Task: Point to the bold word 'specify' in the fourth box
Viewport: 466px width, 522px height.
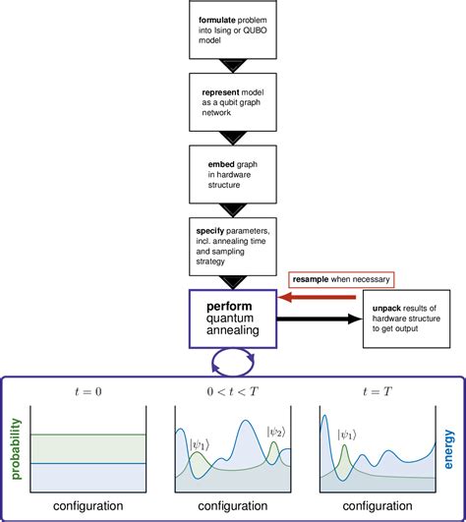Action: (211, 230)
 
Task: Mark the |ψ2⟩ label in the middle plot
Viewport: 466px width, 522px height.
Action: (276, 431)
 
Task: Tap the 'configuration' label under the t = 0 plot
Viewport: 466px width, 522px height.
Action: (89, 506)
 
